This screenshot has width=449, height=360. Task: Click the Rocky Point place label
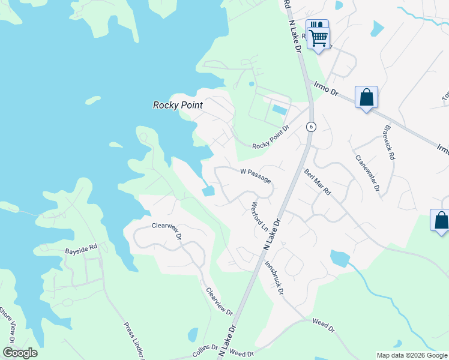178,105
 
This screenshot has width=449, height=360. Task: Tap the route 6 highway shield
310,127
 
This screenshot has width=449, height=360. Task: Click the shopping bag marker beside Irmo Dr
366,98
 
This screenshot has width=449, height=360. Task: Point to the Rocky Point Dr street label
271,136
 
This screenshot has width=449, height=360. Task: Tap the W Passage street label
256,175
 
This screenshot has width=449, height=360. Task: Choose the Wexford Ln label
259,217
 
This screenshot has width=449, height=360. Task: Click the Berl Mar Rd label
318,182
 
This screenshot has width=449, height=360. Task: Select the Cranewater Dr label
367,173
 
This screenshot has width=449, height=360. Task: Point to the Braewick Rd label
388,145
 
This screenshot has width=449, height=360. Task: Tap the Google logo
20,353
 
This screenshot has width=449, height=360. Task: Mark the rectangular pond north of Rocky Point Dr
279,110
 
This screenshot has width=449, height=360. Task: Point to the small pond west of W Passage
208,191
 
